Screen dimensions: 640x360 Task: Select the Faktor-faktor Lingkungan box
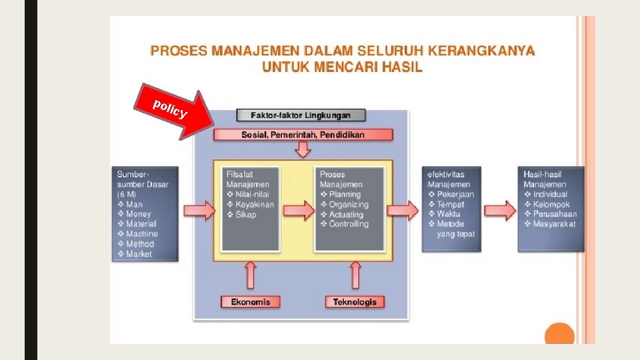(301, 115)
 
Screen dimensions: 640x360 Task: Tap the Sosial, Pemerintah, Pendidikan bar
(303, 135)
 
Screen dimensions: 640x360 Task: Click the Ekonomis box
(251, 302)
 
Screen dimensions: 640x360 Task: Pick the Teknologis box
(355, 302)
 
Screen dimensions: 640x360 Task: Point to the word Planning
(345, 195)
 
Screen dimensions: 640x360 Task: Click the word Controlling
(349, 224)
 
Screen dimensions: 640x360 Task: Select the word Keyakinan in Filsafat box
(255, 205)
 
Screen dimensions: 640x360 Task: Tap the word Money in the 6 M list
(139, 214)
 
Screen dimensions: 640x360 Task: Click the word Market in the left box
(139, 254)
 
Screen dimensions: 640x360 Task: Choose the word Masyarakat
(555, 224)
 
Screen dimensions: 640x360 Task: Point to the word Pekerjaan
(455, 195)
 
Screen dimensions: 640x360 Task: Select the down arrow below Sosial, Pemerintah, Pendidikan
(303, 149)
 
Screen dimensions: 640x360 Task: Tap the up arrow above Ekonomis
(251, 275)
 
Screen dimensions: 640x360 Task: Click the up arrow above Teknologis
(355, 275)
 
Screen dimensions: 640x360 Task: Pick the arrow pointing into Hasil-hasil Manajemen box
(499, 211)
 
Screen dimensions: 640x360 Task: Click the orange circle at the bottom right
(559, 335)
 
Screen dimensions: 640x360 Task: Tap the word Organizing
(349, 205)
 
